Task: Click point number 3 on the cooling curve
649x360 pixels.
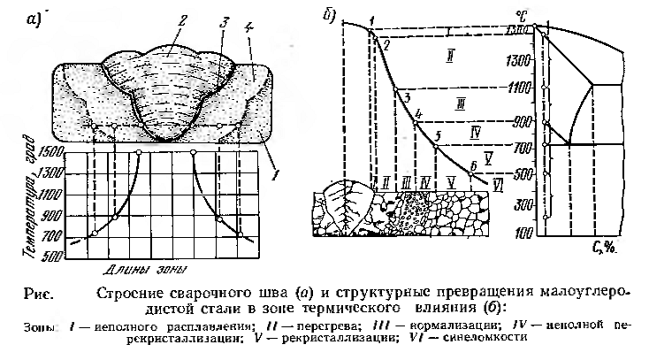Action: (405, 96)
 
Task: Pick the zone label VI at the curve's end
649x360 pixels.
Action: (498, 185)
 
